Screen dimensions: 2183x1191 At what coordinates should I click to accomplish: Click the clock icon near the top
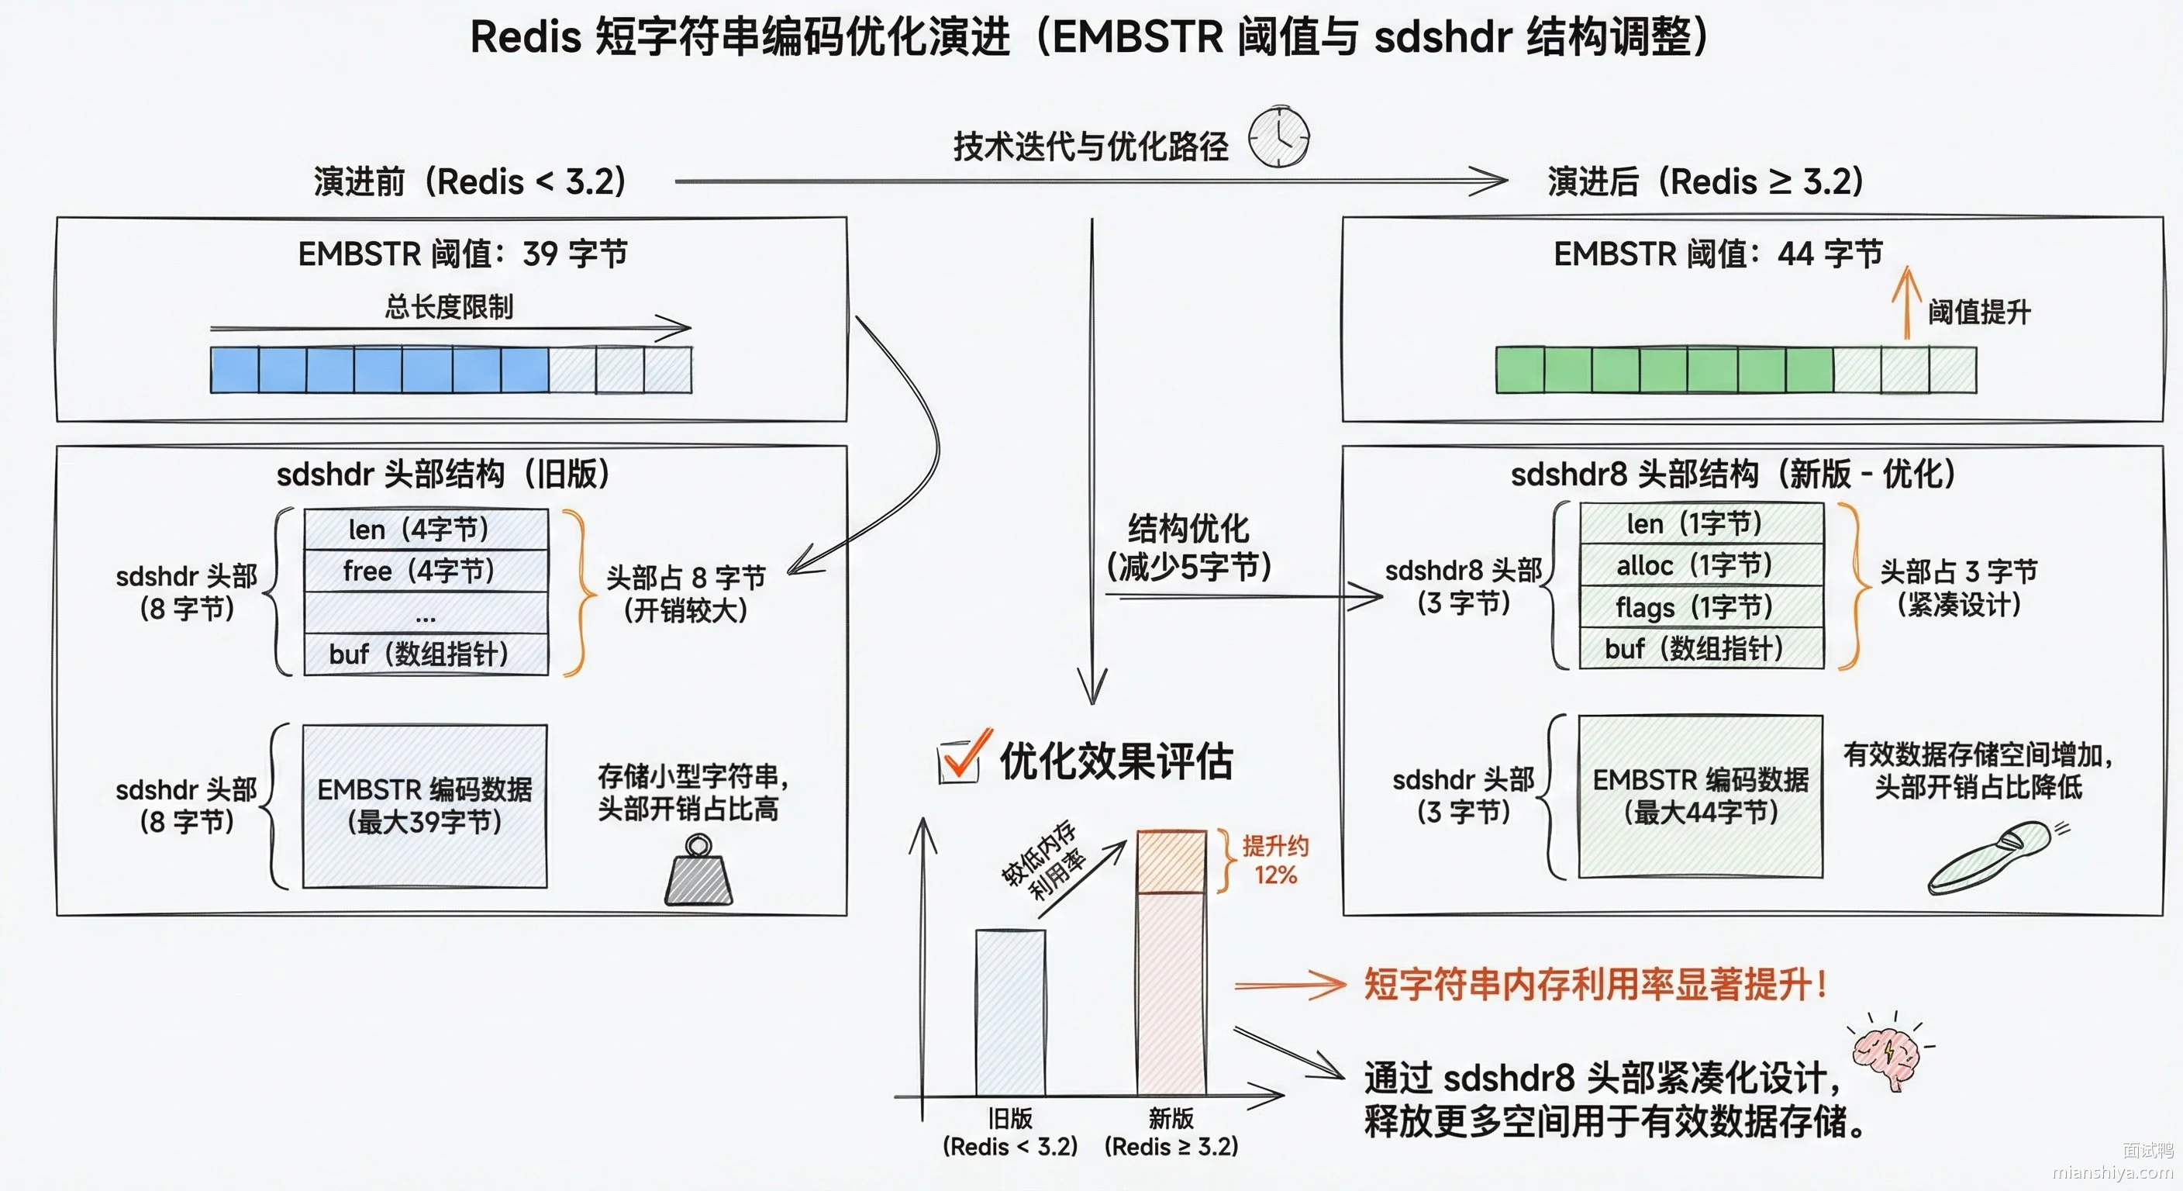point(1279,136)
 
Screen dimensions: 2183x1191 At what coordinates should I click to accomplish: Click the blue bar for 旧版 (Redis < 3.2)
point(1010,1012)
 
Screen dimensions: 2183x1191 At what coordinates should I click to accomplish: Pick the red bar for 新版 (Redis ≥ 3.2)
point(1171,963)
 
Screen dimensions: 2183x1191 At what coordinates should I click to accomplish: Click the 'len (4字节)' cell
point(426,529)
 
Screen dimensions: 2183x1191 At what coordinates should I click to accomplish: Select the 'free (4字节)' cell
point(426,571)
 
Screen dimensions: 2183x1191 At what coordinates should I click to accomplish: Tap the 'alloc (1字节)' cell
point(1702,564)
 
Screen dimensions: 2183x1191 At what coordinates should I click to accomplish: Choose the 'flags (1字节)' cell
point(1702,606)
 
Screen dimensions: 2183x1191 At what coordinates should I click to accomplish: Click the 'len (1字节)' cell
point(1702,523)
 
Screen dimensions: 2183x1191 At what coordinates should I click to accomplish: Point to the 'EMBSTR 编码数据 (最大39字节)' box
point(425,806)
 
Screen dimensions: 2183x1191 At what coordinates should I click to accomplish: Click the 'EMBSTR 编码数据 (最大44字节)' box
point(1701,796)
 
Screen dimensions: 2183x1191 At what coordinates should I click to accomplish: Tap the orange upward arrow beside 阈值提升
point(1907,302)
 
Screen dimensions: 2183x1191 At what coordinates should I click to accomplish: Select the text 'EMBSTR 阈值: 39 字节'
point(463,254)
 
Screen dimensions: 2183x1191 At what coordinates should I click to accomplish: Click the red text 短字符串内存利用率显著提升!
point(1595,984)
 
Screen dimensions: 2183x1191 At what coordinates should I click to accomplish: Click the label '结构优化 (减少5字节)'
point(1188,547)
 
